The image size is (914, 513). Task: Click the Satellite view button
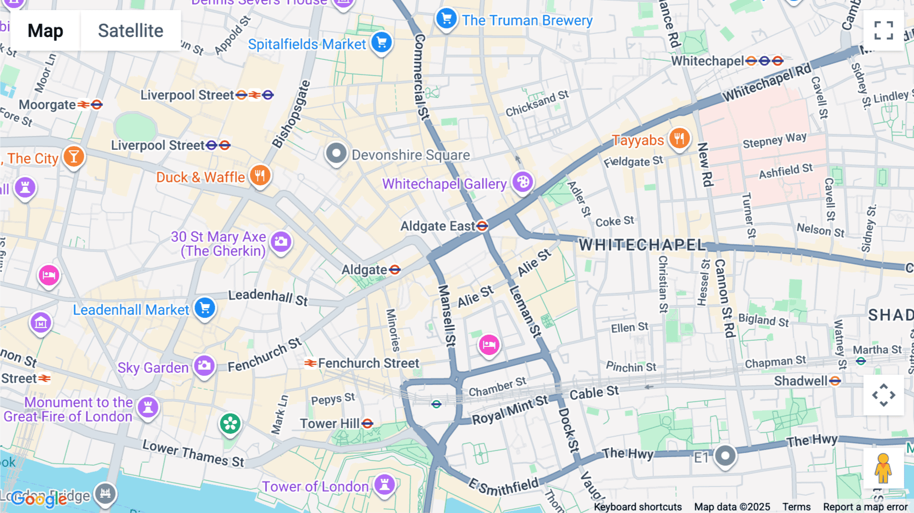(130, 31)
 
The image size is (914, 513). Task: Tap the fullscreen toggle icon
(884, 30)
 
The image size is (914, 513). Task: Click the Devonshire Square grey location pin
(336, 153)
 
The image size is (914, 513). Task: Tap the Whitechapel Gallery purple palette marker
(523, 182)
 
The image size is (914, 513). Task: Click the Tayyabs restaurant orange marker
(679, 139)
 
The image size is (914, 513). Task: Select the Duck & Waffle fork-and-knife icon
(260, 176)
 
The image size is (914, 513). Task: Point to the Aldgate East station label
(438, 226)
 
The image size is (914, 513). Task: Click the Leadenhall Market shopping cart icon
(205, 308)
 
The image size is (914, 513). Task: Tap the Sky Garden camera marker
(204, 366)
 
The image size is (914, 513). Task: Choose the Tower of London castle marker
(384, 484)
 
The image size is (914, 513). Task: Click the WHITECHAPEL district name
(642, 245)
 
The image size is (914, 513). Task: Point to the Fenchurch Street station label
(368, 363)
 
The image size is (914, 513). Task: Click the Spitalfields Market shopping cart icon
(382, 43)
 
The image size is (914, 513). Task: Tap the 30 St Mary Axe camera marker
(281, 242)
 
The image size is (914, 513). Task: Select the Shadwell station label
(801, 381)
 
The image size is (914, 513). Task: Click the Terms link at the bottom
(796, 507)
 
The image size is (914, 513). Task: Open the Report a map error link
(865, 507)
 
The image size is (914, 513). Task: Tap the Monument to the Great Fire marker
(148, 407)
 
